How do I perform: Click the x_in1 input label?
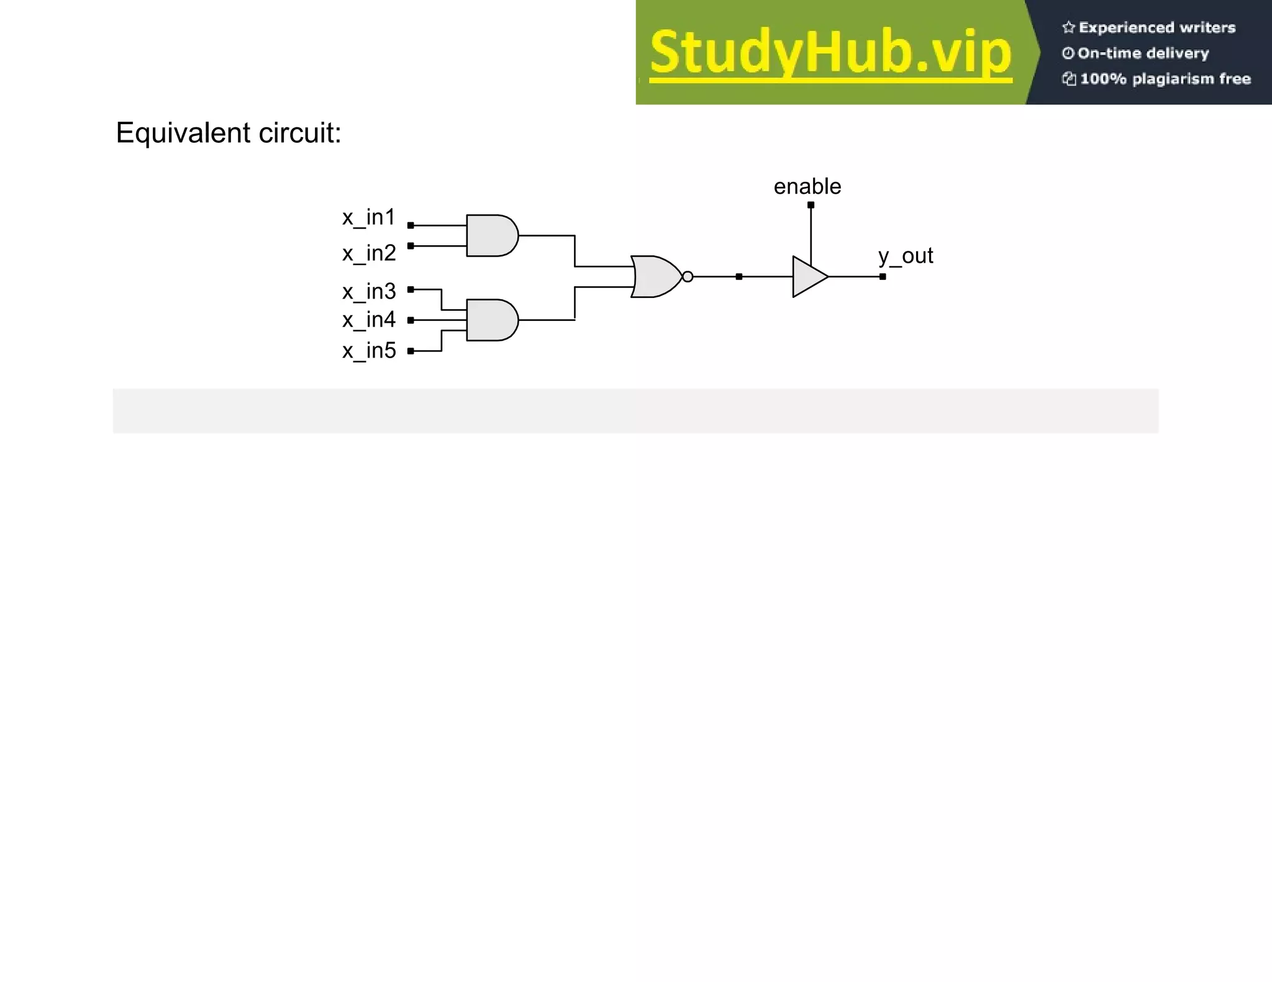click(x=368, y=218)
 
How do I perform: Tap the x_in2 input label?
click(x=368, y=254)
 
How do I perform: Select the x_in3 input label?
click(x=368, y=291)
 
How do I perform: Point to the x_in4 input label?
click(x=368, y=320)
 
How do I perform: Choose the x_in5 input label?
click(x=368, y=351)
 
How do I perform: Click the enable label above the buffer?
click(x=807, y=187)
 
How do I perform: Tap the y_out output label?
click(x=905, y=256)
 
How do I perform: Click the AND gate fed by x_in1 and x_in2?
click(x=491, y=236)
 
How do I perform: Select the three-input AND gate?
click(x=491, y=320)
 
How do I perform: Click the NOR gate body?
click(x=656, y=277)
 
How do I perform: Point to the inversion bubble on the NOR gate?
click(x=688, y=277)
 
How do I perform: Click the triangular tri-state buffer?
click(x=809, y=277)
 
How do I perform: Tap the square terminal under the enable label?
click(x=811, y=205)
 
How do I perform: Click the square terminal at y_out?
click(x=883, y=277)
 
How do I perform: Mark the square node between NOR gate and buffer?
click(x=738, y=277)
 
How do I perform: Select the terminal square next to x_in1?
click(x=411, y=225)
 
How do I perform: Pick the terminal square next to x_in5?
click(x=411, y=351)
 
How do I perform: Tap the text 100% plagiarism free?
click(x=1165, y=79)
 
